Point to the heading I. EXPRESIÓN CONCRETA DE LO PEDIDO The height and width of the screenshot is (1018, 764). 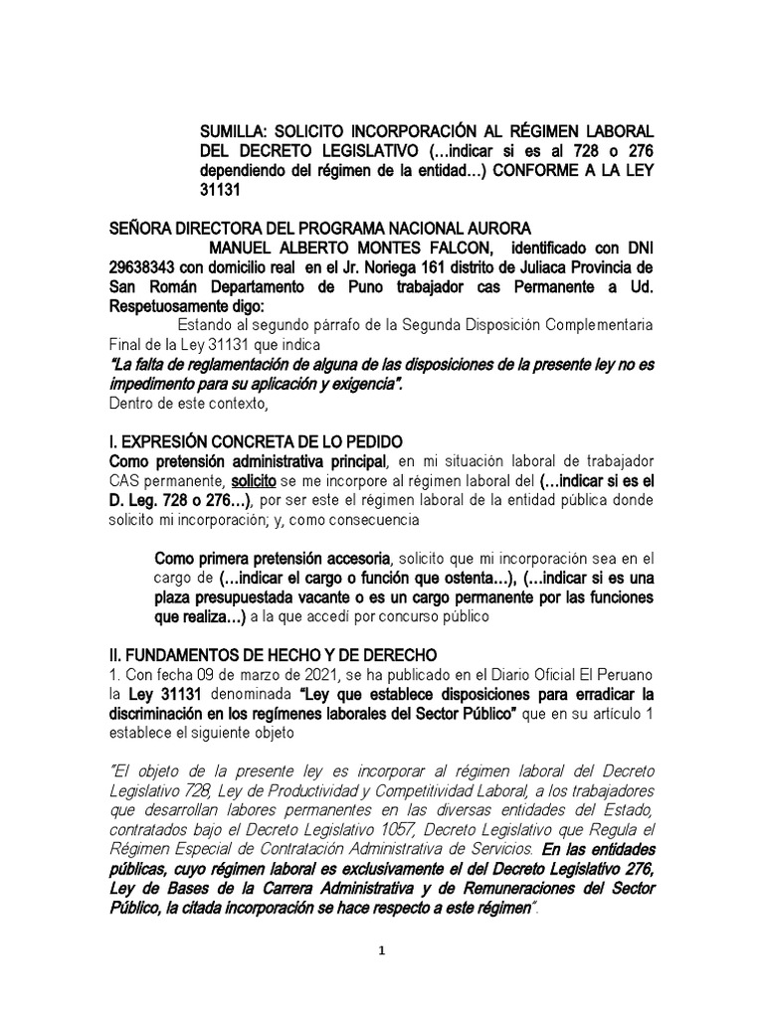tap(255, 440)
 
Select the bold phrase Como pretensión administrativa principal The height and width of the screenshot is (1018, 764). tap(249, 460)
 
